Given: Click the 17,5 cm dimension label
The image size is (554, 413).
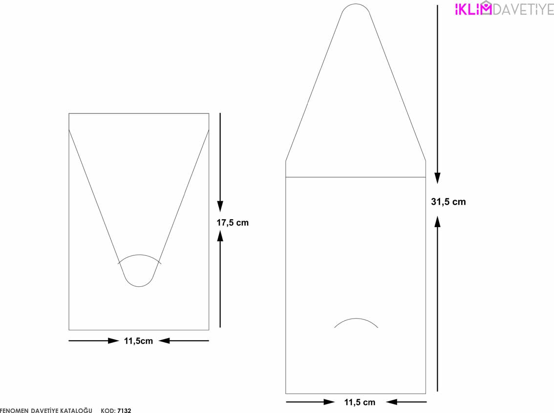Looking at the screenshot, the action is (233, 223).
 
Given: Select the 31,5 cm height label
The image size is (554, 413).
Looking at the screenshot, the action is (448, 202).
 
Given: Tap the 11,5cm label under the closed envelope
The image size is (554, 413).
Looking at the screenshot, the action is (139, 341).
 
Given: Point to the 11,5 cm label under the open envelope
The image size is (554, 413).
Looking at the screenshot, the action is (360, 402).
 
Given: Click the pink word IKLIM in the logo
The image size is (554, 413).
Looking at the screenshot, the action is (473, 9).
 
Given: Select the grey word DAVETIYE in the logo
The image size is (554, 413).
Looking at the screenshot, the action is (523, 10).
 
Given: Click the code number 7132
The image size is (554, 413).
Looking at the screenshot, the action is (124, 411).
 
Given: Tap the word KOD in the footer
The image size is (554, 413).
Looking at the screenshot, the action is (108, 411).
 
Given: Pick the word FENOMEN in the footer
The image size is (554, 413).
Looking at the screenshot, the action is (14, 411).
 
